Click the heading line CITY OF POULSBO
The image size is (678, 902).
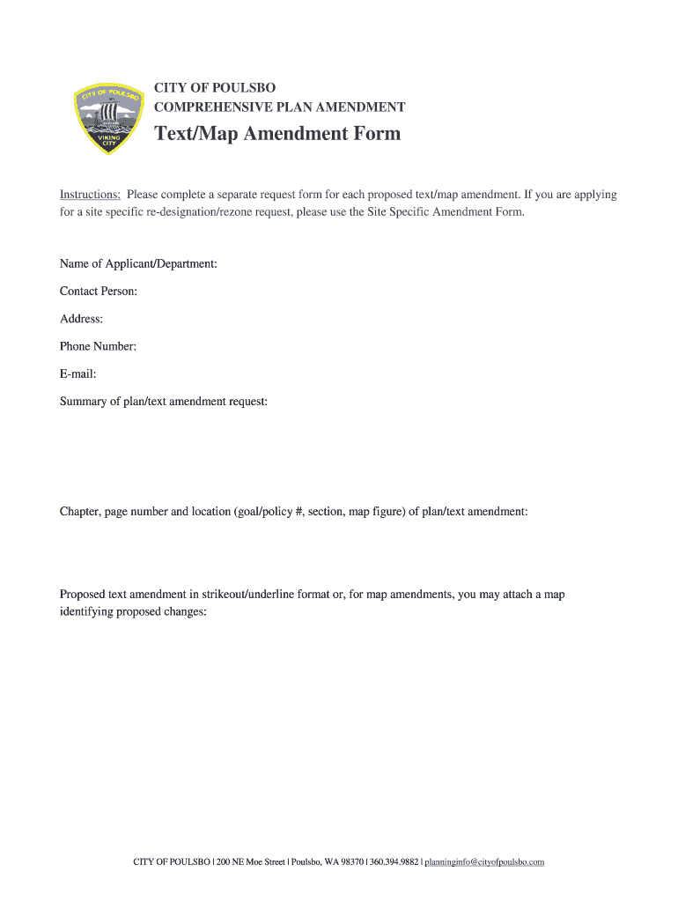(x=215, y=87)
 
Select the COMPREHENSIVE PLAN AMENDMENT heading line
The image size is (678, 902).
(x=279, y=107)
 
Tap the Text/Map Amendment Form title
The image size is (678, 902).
(x=277, y=134)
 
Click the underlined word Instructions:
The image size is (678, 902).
(x=90, y=195)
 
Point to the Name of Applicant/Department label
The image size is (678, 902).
(x=138, y=263)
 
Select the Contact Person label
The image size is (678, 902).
(x=98, y=291)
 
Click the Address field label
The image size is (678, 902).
(x=81, y=319)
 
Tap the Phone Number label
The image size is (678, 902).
(x=98, y=346)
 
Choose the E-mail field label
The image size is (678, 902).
(x=77, y=373)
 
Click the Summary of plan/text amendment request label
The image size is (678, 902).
(x=163, y=402)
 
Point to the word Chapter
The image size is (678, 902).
(x=80, y=512)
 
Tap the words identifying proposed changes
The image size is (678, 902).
(x=133, y=612)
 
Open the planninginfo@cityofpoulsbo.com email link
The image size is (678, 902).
(x=484, y=861)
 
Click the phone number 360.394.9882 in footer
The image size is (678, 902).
(x=394, y=861)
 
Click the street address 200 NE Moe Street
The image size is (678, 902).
(x=250, y=861)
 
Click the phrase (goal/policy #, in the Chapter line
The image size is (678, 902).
(x=268, y=512)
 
